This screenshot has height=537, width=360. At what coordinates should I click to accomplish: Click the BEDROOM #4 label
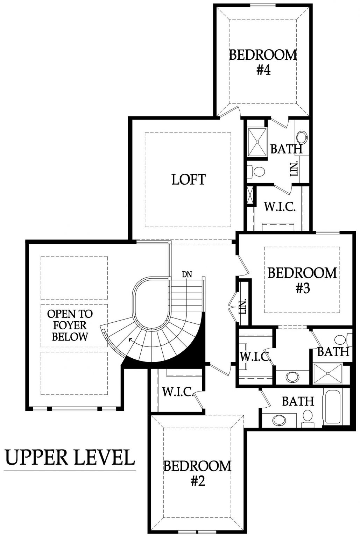263,62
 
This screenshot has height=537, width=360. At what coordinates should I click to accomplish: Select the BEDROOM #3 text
303,280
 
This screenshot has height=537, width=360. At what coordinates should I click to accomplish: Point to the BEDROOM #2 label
197,473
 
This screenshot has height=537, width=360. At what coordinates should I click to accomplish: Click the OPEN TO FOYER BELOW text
70,325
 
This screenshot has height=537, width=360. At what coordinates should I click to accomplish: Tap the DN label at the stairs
187,274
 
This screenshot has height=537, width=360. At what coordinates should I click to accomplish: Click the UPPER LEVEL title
70,457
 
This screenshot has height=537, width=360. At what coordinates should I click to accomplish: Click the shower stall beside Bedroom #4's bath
257,142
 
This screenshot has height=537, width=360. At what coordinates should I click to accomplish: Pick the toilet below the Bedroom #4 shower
257,171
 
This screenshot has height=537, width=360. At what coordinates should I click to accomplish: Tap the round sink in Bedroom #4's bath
302,137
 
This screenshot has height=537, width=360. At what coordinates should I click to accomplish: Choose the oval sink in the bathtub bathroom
279,420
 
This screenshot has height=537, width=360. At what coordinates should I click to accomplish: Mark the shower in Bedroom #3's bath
327,374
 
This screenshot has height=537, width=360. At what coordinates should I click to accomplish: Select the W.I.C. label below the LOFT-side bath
280,207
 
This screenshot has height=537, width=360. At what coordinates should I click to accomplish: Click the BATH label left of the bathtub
298,401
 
